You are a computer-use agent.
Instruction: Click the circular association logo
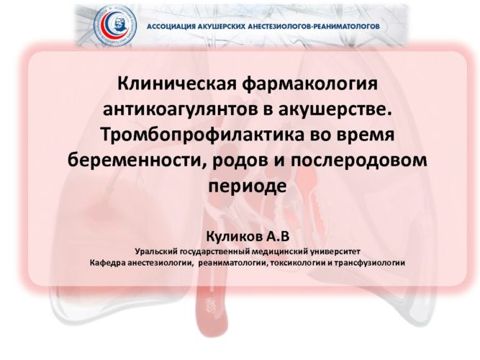point(115,24)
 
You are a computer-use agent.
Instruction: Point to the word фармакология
point(310,85)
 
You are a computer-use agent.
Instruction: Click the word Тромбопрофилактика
point(203,136)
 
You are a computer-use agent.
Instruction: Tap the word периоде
point(248,186)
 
